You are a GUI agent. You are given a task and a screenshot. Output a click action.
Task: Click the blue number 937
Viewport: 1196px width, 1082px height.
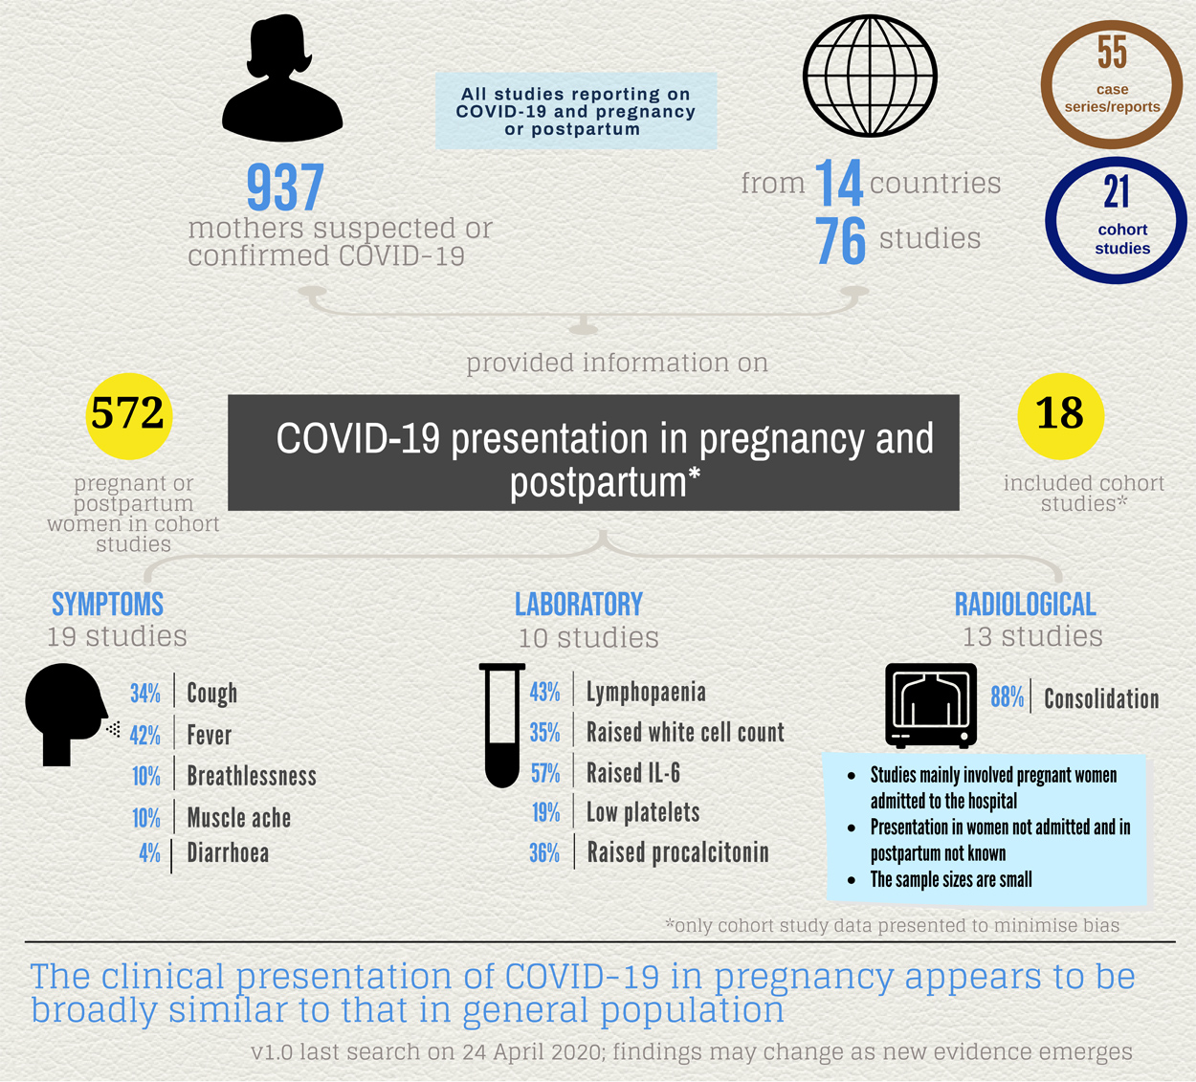[x=285, y=188]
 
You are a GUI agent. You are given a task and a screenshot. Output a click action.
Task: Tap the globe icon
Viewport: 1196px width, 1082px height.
[x=870, y=76]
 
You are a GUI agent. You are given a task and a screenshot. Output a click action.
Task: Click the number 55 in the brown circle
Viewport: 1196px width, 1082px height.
[x=1112, y=53]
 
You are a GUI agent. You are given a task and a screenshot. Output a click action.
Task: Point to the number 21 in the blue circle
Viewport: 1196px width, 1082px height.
[x=1117, y=192]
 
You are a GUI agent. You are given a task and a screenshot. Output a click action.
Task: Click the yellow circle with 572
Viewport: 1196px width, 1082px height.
[x=128, y=415]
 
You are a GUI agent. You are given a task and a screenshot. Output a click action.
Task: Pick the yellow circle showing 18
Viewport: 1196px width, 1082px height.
[x=1060, y=415]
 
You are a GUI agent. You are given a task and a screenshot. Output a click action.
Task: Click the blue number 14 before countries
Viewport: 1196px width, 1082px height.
[x=838, y=185]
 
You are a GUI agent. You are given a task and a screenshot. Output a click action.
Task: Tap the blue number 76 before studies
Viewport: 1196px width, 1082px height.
[x=840, y=241]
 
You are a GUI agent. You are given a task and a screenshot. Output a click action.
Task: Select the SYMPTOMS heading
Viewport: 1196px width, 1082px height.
[x=107, y=605]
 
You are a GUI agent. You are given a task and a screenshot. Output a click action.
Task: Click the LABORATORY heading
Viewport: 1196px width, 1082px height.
[x=579, y=605]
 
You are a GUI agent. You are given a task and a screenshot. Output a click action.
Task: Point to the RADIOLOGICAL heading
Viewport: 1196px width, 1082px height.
[x=1025, y=605]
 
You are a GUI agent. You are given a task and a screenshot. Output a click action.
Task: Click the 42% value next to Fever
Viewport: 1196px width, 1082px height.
[x=145, y=736]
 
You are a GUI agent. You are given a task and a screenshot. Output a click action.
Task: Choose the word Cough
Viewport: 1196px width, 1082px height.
[x=211, y=693]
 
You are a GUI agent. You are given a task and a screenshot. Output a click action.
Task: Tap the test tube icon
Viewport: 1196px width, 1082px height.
[x=502, y=724]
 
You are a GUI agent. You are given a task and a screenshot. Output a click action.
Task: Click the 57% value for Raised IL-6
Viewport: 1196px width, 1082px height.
[x=545, y=773]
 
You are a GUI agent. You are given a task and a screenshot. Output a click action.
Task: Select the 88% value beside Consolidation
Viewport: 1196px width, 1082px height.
[x=1007, y=697]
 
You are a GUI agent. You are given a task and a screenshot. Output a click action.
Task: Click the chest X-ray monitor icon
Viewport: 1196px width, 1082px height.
[x=931, y=705]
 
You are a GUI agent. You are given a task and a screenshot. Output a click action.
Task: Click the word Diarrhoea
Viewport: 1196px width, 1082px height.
[x=228, y=853]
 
